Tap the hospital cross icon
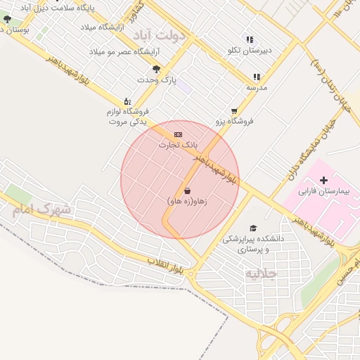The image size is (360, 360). coord(323,181)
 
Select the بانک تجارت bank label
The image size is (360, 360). coord(179,145)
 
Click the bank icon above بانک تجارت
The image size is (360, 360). coord(178,134)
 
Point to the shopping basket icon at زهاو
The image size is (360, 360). coord(187,191)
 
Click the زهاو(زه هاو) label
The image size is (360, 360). coord(187,201)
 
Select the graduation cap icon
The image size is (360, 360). coord(253,228)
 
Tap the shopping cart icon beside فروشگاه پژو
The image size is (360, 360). coord(234,111)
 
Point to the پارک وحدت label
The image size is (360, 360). coord(157,80)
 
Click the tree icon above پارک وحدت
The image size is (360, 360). coord(156,70)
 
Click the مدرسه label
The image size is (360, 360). coord(257,87)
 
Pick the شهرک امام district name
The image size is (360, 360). coord(41,209)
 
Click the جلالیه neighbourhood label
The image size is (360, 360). coord(260,273)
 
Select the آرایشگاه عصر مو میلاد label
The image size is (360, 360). coord(124,52)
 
